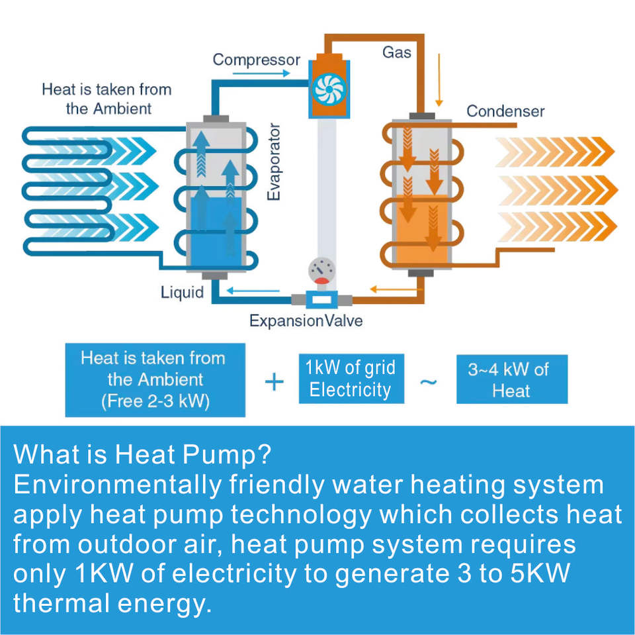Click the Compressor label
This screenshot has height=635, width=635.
pyautogui.click(x=257, y=60)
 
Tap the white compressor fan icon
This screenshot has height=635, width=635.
pyautogui.click(x=326, y=91)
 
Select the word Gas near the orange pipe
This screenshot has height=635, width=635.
pyautogui.click(x=397, y=52)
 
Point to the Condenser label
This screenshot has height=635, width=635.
pyautogui.click(x=505, y=111)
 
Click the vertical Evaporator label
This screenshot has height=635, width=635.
pyautogui.click(x=275, y=162)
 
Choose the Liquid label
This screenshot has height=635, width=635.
pyautogui.click(x=183, y=291)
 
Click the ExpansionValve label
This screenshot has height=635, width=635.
pyautogui.click(x=306, y=321)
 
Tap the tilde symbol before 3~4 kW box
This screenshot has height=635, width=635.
pyautogui.click(x=429, y=382)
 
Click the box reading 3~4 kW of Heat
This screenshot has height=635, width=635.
pyautogui.click(x=511, y=379)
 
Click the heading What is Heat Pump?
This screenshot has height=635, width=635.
pyautogui.click(x=142, y=456)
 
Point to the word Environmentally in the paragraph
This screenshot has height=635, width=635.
pyautogui.click(x=117, y=485)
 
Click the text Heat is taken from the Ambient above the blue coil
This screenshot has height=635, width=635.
pyautogui.click(x=106, y=98)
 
